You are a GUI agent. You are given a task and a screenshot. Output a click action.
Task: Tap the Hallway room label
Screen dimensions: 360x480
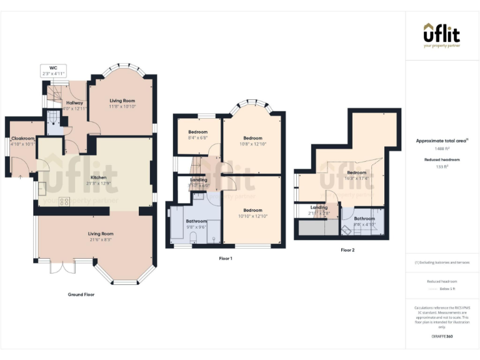tap(75, 102)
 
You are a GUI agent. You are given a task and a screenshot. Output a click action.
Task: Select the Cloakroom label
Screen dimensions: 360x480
tap(22, 138)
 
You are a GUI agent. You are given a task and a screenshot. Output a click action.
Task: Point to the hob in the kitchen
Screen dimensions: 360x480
tap(64, 201)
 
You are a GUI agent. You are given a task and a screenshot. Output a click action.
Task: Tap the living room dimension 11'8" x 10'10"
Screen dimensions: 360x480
tap(122, 106)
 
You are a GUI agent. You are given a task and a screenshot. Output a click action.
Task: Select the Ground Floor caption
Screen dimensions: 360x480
tap(81, 294)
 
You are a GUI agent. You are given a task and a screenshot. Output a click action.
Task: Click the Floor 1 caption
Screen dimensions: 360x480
tap(226, 258)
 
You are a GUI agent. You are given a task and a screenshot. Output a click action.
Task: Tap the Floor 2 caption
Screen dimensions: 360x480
tap(347, 250)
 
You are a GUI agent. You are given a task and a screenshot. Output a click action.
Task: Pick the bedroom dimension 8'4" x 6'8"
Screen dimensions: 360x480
tap(197, 138)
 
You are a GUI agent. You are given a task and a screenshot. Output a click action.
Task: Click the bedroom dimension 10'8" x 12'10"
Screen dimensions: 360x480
tap(252, 144)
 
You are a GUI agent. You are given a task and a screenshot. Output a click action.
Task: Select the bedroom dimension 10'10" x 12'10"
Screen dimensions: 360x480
tap(252, 216)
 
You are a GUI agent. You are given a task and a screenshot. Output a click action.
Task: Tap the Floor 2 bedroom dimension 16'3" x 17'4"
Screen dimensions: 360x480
tap(356, 178)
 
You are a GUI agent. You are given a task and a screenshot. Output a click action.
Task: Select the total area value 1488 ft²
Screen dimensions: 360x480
tap(442, 149)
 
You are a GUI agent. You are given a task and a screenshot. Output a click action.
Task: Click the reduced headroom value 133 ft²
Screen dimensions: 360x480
tap(442, 167)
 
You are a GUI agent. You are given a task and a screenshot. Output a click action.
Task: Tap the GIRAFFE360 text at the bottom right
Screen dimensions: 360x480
tap(442, 337)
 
